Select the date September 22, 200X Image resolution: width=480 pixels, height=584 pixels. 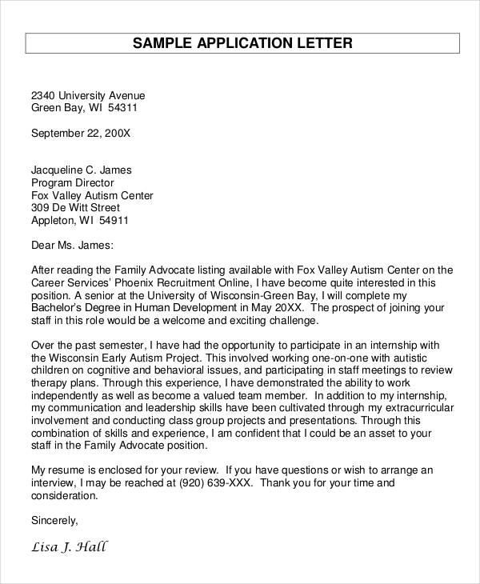[80, 133]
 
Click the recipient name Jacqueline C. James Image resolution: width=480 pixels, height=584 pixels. [81, 170]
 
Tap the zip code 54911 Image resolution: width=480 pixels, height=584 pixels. [112, 221]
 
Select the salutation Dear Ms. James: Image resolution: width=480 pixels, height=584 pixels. [72, 246]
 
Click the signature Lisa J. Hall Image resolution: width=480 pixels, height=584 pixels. [69, 548]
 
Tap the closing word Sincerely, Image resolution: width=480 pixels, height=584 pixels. [54, 521]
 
